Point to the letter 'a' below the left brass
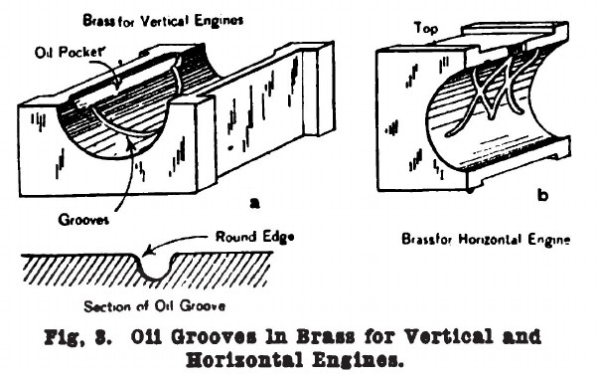point(253,203)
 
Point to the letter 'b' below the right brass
point(541,196)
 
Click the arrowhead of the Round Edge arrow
point(147,253)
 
